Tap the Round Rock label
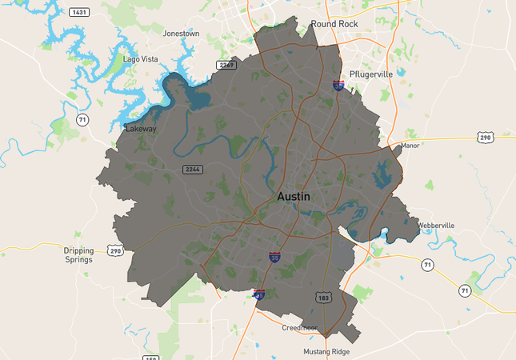click(x=334, y=24)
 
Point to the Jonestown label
click(x=181, y=34)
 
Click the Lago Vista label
click(x=141, y=59)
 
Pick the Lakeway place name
click(x=141, y=128)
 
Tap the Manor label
click(x=410, y=146)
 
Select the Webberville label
click(x=435, y=226)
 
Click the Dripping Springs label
click(x=78, y=254)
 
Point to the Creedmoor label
click(x=299, y=328)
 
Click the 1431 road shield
click(x=79, y=12)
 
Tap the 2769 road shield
click(x=226, y=65)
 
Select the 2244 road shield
click(x=192, y=169)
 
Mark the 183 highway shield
click(x=323, y=297)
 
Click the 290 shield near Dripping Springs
click(x=115, y=250)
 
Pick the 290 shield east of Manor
click(x=485, y=138)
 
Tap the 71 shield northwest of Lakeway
click(x=82, y=120)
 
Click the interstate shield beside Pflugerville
click(x=339, y=84)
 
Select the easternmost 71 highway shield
click(x=464, y=291)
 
